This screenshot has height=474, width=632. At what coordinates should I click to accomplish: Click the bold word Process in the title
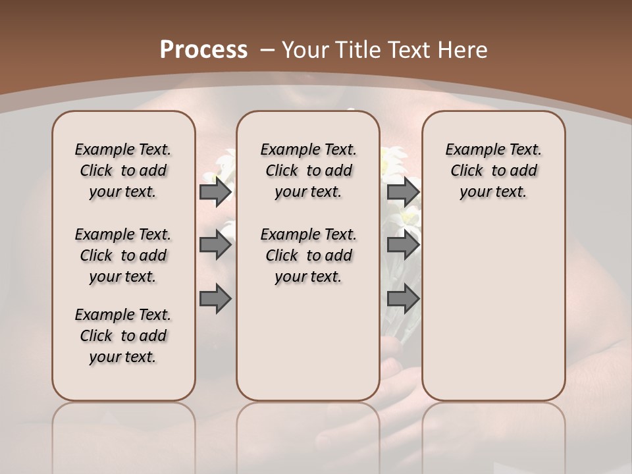203,50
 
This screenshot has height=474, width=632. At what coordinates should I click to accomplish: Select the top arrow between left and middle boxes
215,192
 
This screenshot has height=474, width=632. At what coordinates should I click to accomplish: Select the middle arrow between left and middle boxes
215,246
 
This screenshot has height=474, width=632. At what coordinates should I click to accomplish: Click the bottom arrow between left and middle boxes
215,299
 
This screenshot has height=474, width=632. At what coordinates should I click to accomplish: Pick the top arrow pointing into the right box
403,192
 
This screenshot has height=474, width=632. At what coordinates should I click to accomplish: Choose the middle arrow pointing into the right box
403,246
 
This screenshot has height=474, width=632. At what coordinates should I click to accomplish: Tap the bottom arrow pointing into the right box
403,299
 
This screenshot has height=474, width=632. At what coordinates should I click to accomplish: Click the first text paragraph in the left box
123,171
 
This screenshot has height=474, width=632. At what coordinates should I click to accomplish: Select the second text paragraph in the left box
123,255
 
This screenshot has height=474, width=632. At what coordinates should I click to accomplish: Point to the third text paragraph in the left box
123,336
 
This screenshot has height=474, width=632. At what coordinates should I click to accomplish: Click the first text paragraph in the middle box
308,171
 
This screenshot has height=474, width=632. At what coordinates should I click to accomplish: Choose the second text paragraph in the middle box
308,255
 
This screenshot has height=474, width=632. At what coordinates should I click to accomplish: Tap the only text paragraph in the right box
493,171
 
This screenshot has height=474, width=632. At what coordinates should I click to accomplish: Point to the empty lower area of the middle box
308,342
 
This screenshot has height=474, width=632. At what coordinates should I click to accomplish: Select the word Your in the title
305,50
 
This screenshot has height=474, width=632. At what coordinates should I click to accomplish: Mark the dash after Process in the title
267,50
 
